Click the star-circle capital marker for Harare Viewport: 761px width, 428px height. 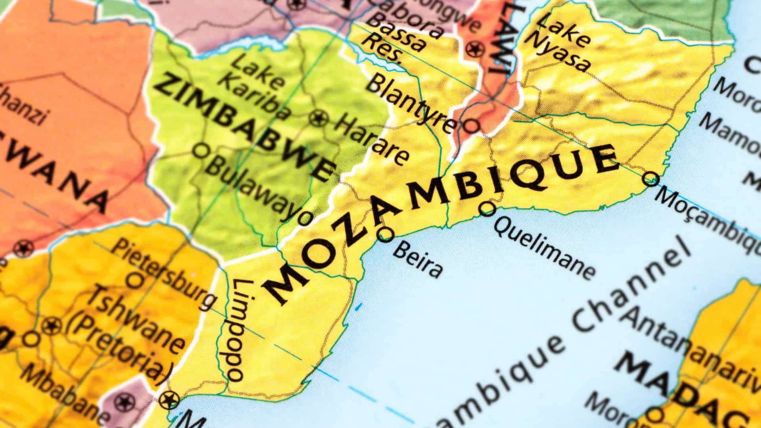tap(318, 118)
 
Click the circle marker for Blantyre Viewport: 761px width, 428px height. tap(471, 126)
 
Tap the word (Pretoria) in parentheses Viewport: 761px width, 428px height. tap(121, 349)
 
